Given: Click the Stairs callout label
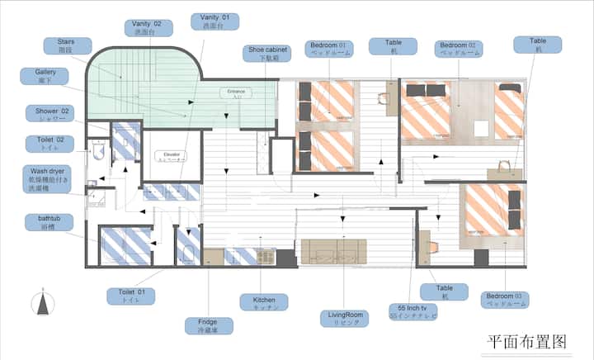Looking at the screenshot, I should coord(68,44).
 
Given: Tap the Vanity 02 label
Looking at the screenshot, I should coord(148,28).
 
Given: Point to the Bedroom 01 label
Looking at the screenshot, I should coord(330,49).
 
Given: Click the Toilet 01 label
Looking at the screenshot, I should coord(130,296).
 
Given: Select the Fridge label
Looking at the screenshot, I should coord(208,325).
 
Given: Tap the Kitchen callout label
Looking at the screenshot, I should coord(263,302).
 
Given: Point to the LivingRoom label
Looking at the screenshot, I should coord(342,318).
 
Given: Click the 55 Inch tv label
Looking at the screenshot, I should coord(412,312).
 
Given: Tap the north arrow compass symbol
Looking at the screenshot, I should coord(41,304).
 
